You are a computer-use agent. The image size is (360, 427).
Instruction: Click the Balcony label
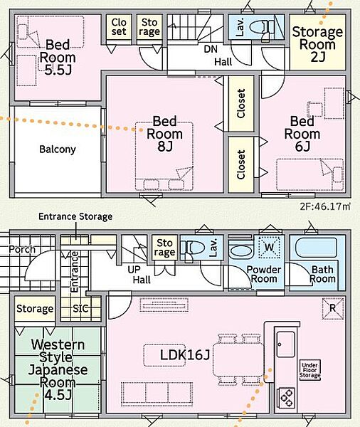point(58,149)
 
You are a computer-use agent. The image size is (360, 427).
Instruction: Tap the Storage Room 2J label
point(317,44)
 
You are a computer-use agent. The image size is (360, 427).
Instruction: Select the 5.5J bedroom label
point(58,58)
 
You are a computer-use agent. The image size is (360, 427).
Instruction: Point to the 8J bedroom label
point(165,134)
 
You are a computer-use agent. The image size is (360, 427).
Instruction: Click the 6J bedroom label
point(302,134)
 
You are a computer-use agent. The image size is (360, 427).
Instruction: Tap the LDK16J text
point(185,355)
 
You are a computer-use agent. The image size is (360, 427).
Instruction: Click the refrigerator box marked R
point(333,309)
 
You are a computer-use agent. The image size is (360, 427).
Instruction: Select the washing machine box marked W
point(269,247)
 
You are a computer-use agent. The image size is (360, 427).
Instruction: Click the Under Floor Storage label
point(310,370)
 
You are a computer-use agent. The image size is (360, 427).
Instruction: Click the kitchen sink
point(286,344)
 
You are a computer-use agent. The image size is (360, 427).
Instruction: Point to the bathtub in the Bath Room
point(316,248)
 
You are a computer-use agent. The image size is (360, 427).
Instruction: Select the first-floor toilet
point(194,250)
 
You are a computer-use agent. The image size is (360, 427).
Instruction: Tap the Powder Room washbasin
point(240,251)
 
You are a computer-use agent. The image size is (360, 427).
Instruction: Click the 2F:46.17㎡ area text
point(324,206)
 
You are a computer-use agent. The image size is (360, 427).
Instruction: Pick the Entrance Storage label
point(75,217)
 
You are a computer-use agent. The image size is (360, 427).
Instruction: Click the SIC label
point(80,309)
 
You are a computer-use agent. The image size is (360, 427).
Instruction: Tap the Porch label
point(22,250)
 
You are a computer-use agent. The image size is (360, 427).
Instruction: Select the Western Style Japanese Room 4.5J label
point(58,369)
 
